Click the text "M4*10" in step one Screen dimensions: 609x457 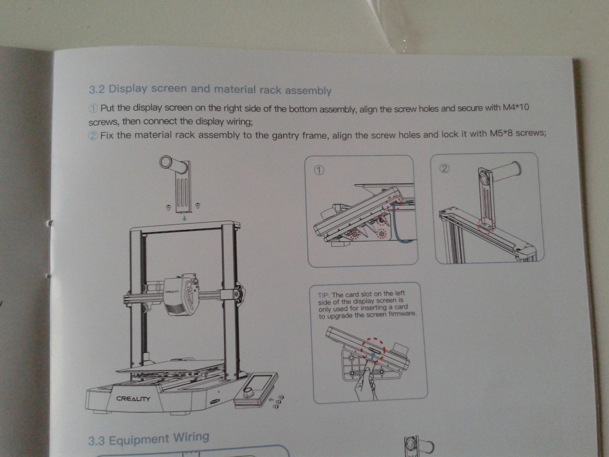click(x=516, y=107)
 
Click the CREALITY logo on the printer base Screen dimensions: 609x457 click(x=133, y=399)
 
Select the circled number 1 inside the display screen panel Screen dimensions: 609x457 click(x=319, y=170)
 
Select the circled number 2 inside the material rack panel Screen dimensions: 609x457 click(x=444, y=169)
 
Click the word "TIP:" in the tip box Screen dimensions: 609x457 click(x=324, y=295)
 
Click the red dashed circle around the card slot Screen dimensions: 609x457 click(x=373, y=350)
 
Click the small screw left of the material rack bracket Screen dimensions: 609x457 click(x=168, y=207)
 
